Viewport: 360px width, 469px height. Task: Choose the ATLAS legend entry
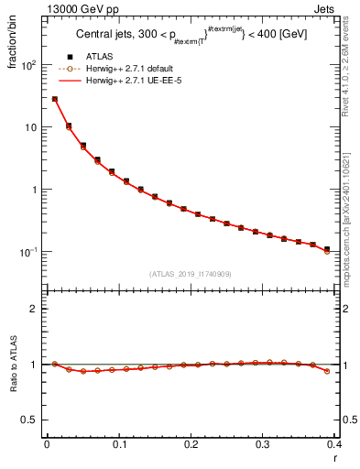coord(111,56)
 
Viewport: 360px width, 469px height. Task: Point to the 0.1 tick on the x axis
coord(118,445)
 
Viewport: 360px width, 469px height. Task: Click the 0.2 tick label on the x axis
coord(191,445)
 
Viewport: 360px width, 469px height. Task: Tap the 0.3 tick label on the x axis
coord(263,445)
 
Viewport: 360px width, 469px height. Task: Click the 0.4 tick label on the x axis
coord(334,445)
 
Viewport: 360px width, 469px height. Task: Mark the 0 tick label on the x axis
coord(47,445)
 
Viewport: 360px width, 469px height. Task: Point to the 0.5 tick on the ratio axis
coord(33,420)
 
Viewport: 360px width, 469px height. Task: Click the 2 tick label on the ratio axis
coord(38,309)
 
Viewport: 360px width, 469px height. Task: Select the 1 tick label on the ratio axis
coord(38,365)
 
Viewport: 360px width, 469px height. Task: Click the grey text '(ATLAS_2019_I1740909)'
coord(190,273)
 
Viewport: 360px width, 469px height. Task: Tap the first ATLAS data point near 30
coord(55,99)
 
